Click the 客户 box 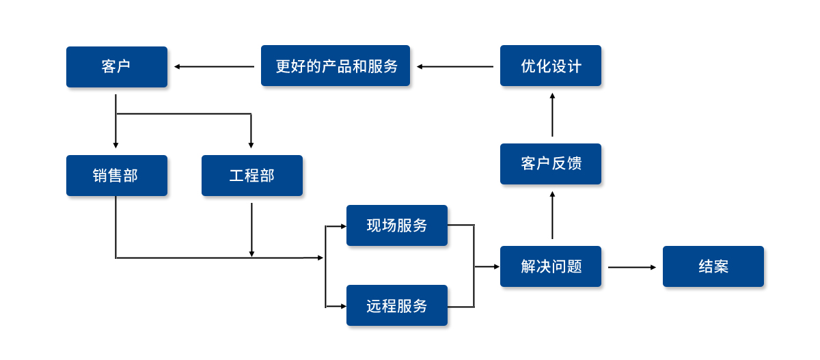[116, 67]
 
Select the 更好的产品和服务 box [336, 66]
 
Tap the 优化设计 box [551, 66]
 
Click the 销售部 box [116, 176]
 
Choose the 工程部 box [251, 176]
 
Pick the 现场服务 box [397, 225]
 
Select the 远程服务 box [397, 305]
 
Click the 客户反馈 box [551, 164]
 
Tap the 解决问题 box [551, 266]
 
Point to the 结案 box [713, 266]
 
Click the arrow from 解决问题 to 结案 [631, 267]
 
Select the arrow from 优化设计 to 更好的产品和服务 [455, 67]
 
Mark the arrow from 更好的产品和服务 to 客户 [214, 67]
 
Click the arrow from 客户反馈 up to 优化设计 [552, 115]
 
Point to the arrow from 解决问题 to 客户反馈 [552, 214]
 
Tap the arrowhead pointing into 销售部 [115, 145]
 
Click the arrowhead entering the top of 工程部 [251, 145]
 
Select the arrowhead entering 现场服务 [343, 226]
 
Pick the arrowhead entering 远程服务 [343, 307]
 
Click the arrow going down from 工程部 [251, 230]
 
